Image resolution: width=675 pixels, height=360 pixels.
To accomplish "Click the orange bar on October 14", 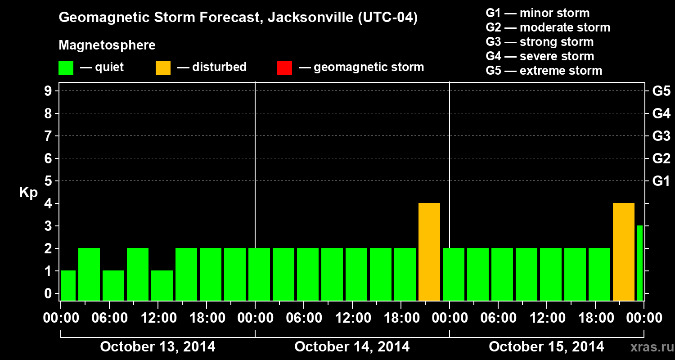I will pos(429,252).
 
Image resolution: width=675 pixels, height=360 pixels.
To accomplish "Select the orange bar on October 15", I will pos(624,252).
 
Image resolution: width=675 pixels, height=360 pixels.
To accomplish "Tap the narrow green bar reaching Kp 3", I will pos(639,263).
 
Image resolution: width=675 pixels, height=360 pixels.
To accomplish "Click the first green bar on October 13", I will pos(68,286).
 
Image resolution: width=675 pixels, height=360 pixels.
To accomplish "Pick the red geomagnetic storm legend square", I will pos(284,68).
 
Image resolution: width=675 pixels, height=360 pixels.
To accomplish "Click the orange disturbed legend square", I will pos(163,68).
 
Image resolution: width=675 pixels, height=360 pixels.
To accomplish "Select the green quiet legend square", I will pos(66,68).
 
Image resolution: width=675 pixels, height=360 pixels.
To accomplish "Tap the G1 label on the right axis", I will pos(661,181).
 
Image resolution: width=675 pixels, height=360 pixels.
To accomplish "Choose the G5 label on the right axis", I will pos(661,91).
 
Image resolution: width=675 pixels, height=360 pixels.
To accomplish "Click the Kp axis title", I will pos(28,193).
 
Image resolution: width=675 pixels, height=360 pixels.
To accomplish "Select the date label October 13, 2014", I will pos(157,347).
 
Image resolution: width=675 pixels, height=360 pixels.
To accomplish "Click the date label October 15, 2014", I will pos(546,347).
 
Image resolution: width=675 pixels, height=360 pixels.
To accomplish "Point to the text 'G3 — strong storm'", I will pos(540,42).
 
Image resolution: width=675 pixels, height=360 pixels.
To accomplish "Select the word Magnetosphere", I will pos(107,45).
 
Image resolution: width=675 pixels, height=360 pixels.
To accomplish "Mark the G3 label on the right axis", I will pos(661,136).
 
